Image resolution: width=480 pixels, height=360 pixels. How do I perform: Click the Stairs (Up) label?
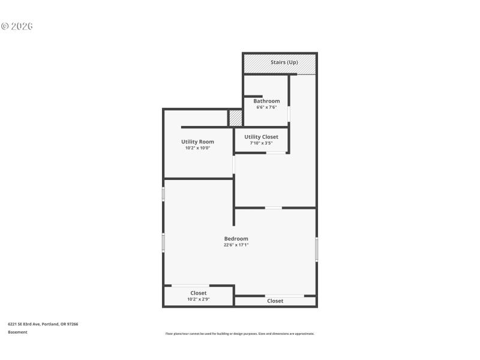pyautogui.click(x=284, y=62)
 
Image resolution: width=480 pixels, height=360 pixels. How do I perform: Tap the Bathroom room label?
pyautogui.click(x=266, y=101)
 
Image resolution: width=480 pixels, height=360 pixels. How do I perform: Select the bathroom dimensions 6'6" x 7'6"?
pyautogui.click(x=266, y=108)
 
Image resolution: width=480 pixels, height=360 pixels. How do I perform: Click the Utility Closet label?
pyautogui.click(x=261, y=137)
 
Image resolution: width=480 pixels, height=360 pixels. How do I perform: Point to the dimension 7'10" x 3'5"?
pyautogui.click(x=261, y=143)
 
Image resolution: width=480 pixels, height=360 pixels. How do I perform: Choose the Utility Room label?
pyautogui.click(x=197, y=142)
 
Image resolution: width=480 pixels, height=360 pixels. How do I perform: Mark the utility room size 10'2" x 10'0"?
pyautogui.click(x=197, y=148)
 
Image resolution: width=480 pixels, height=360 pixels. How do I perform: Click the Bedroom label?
pyautogui.click(x=236, y=239)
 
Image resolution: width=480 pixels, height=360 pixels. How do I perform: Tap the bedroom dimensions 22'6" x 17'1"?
pyautogui.click(x=236, y=245)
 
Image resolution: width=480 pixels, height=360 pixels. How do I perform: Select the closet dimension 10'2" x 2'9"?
pyautogui.click(x=198, y=299)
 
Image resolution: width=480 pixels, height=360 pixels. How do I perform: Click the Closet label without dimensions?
pyautogui.click(x=275, y=301)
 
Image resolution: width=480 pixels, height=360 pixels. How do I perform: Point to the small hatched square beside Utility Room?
pyautogui.click(x=235, y=118)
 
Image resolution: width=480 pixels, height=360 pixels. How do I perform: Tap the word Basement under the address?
pyautogui.click(x=17, y=332)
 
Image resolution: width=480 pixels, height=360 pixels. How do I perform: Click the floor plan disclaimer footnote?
pyautogui.click(x=239, y=334)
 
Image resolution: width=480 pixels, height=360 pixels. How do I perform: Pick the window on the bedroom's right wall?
pyautogui.click(x=316, y=249)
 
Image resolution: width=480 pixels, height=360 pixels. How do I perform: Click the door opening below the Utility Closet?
pyautogui.click(x=276, y=152)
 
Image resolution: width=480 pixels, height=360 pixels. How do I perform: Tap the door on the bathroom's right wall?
pyautogui.click(x=289, y=113)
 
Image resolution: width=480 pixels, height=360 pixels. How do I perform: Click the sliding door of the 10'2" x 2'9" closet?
pyautogui.click(x=190, y=286)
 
